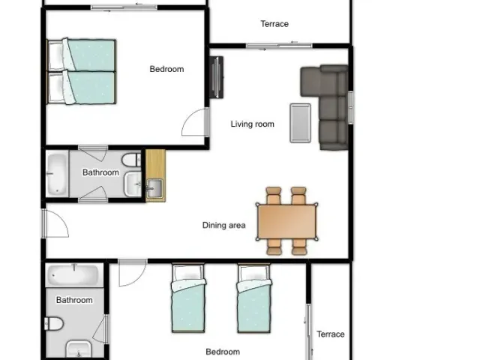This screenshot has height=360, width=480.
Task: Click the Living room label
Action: [252, 124]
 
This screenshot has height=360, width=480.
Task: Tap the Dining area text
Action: [223, 225]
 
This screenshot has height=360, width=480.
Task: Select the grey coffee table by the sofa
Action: [300, 123]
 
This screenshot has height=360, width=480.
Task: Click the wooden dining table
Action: [286, 222]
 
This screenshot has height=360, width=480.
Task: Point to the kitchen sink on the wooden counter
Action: [154, 188]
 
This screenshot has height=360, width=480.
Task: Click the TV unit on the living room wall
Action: [217, 77]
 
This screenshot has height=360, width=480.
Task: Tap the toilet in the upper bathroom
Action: [132, 160]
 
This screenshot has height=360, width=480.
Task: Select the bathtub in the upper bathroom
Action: [57, 174]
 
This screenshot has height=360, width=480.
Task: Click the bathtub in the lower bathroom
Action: [74, 275]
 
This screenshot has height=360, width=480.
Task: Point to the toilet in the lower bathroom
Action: [54, 324]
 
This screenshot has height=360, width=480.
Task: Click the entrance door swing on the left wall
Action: [55, 223]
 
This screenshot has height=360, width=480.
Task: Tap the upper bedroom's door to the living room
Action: [195, 121]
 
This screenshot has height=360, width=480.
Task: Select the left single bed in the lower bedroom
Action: [188, 298]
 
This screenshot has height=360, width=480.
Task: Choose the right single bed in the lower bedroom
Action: [254, 298]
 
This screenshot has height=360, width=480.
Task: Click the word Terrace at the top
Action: [274, 24]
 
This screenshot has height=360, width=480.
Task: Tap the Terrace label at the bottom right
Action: [331, 334]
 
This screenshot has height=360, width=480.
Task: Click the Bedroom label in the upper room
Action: [166, 69]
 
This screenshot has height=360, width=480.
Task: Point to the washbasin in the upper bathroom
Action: [133, 184]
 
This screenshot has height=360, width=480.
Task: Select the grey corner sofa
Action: [325, 107]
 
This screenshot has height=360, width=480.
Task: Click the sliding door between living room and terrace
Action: [279, 46]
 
